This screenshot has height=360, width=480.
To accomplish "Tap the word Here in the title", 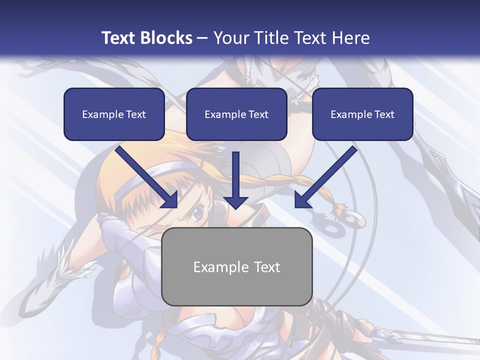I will [x=351, y=38].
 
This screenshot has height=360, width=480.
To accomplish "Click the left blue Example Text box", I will [x=114, y=114].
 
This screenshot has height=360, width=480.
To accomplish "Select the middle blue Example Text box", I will [x=236, y=114].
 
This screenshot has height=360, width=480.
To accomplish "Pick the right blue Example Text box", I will [x=362, y=114].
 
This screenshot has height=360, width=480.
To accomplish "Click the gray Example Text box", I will [x=237, y=266].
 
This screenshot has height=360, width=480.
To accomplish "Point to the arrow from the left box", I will [x=145, y=175].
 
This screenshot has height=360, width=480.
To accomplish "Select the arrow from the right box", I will [x=327, y=175].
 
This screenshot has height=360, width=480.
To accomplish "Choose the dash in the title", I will [x=202, y=38].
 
